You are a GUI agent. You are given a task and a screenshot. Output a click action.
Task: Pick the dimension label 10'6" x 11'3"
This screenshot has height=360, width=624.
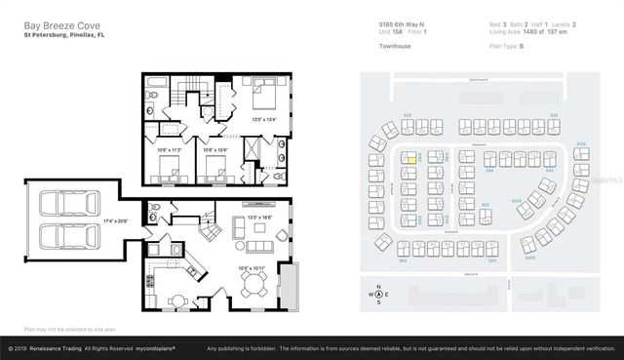(x=170, y=150)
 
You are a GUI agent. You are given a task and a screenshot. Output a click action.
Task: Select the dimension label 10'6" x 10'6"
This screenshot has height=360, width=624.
(x=214, y=150)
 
